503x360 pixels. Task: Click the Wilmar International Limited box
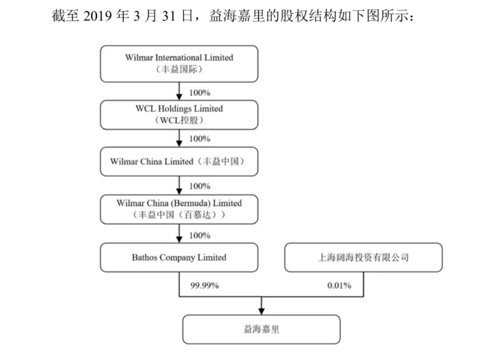(x=179, y=63)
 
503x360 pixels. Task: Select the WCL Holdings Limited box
(x=179, y=115)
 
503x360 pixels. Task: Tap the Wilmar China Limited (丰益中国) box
(x=179, y=162)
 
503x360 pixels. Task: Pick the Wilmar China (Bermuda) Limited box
(x=179, y=209)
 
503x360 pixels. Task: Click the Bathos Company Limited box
(x=179, y=258)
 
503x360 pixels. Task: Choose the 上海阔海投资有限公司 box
(x=363, y=258)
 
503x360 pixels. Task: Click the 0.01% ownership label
(x=339, y=285)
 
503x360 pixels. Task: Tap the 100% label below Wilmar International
(x=199, y=92)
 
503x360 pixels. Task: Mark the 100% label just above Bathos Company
(x=199, y=235)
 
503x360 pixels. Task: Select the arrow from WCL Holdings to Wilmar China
(x=179, y=138)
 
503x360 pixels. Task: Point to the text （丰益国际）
(x=179, y=70)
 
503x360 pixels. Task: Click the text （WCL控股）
(x=179, y=120)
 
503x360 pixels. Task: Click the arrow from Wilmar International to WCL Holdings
(x=179, y=91)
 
